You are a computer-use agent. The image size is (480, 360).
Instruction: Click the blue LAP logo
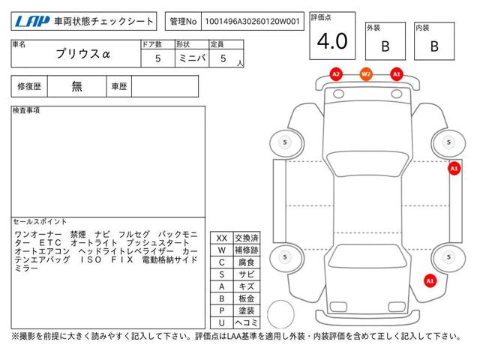click(32, 21)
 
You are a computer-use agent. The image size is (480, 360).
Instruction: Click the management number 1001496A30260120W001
click(252, 21)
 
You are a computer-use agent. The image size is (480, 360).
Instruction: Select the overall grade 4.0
click(332, 41)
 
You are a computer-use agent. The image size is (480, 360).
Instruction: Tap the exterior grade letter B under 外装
click(385, 46)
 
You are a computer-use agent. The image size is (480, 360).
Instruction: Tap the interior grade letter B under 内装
click(434, 46)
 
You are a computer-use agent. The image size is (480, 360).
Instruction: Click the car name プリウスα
click(83, 54)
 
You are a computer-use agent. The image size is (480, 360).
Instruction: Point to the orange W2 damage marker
click(366, 74)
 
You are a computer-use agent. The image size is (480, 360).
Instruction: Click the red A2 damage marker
click(336, 74)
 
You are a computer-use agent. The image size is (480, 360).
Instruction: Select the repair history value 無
click(76, 86)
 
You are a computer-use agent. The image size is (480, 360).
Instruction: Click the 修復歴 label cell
click(29, 86)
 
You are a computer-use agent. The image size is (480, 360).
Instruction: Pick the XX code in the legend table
click(222, 238)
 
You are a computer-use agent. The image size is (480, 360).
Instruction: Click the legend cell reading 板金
click(247, 298)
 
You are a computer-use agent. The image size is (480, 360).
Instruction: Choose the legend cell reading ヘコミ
click(247, 322)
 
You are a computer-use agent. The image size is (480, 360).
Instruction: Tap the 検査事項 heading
click(26, 110)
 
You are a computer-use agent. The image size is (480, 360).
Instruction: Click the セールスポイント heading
click(40, 221)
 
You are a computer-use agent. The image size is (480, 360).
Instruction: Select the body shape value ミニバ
click(192, 58)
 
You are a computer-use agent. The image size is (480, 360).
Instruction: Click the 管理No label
click(183, 21)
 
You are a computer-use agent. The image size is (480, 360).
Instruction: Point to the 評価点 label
click(321, 17)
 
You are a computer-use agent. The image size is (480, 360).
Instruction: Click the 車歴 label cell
click(119, 86)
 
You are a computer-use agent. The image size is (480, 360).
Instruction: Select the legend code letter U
click(222, 322)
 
